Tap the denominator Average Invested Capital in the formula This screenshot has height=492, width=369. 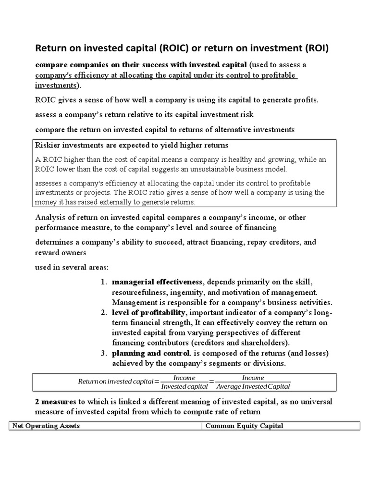point(253,386)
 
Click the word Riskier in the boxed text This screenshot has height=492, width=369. point(48,145)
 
